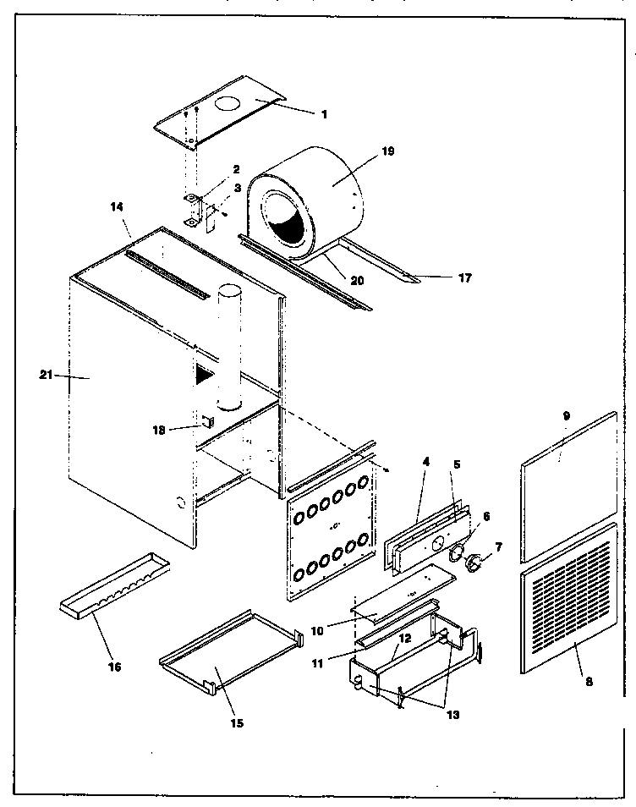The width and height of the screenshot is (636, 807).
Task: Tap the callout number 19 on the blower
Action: click(387, 152)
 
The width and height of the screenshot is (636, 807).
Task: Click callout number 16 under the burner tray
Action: click(114, 667)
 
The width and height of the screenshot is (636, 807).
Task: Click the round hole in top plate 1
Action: click(227, 105)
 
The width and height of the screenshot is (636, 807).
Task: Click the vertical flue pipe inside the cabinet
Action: click(229, 347)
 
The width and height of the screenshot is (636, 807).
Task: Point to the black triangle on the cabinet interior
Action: click(203, 375)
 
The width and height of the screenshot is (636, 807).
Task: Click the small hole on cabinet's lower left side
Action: click(181, 502)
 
